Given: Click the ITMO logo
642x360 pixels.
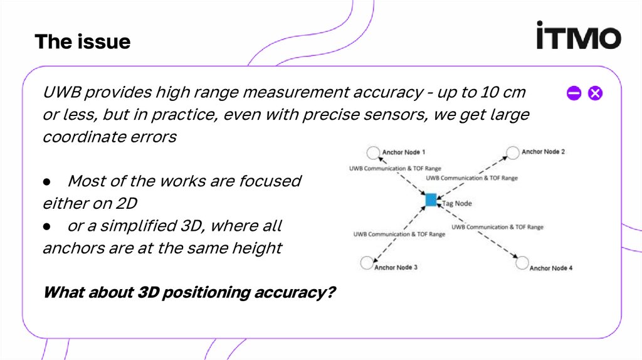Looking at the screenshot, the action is click(578, 36).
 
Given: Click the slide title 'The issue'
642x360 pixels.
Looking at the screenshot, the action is click(82, 42).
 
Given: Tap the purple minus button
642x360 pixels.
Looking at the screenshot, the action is click(574, 94).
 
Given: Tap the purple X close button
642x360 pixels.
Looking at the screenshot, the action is click(595, 94).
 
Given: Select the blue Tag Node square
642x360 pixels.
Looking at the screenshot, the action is click(431, 200).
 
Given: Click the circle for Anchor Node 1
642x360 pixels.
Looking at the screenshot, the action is click(373, 152).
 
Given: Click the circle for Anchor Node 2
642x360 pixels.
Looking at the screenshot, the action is click(512, 152).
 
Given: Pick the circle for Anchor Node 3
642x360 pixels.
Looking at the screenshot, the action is click(366, 263).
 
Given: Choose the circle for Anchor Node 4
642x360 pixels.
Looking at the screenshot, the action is click(522, 263).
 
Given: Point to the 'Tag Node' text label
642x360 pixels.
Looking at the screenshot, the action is click(456, 203).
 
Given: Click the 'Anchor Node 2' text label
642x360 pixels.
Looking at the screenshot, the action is click(543, 152).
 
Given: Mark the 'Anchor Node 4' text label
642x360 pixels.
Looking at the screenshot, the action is click(551, 268).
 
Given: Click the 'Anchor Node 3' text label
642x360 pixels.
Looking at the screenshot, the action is click(396, 267).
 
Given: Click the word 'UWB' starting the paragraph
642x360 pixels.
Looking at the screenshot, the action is click(61, 93).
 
